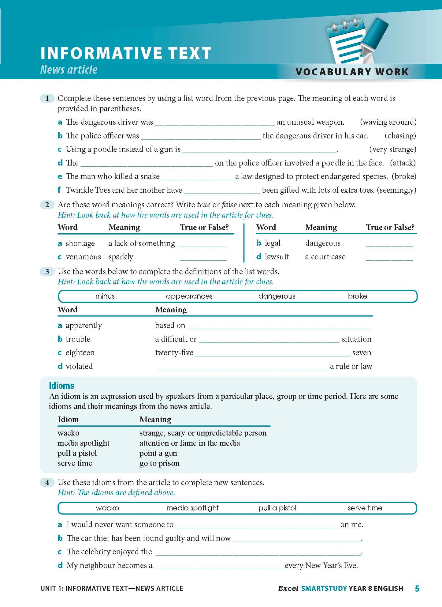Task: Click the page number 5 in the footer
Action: tap(417, 588)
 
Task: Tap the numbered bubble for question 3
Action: tap(47, 271)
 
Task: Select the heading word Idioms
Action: tap(61, 386)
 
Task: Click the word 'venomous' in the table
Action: tap(83, 257)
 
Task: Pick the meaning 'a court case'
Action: tap(325, 257)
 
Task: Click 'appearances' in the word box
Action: tap(189, 296)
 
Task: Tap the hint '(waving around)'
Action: tap(388, 122)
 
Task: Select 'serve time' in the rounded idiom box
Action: tap(365, 508)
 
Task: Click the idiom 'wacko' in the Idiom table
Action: tap(68, 433)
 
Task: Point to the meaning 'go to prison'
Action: tap(159, 463)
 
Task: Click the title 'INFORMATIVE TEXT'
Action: tap(126, 53)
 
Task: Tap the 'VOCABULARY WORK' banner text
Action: tap(352, 72)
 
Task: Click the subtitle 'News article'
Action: tap(69, 70)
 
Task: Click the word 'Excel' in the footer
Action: tap(288, 588)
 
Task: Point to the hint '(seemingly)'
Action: tap(396, 190)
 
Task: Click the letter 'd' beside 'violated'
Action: tap(60, 366)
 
